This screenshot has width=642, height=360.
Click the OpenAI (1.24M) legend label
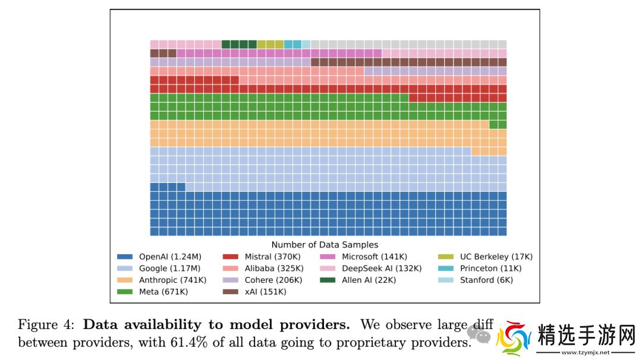point(170,257)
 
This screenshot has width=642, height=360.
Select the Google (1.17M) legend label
point(169,269)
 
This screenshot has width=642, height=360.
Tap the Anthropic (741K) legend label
point(172,280)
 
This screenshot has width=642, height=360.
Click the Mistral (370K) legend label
point(273,257)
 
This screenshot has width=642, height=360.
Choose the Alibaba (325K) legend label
point(273,269)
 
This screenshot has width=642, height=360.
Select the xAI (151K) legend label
point(266,292)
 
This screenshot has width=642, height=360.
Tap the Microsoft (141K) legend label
point(374,257)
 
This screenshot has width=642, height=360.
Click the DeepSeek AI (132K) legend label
point(382,269)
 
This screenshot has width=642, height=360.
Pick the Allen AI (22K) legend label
point(369,280)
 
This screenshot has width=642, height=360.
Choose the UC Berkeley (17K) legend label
point(496,257)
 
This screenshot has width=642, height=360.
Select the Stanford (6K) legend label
point(486,280)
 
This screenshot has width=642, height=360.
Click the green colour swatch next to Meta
point(124,292)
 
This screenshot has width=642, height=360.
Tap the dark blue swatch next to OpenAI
point(124,257)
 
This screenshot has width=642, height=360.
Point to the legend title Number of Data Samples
point(325,245)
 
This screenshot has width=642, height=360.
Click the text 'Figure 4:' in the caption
point(47,325)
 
